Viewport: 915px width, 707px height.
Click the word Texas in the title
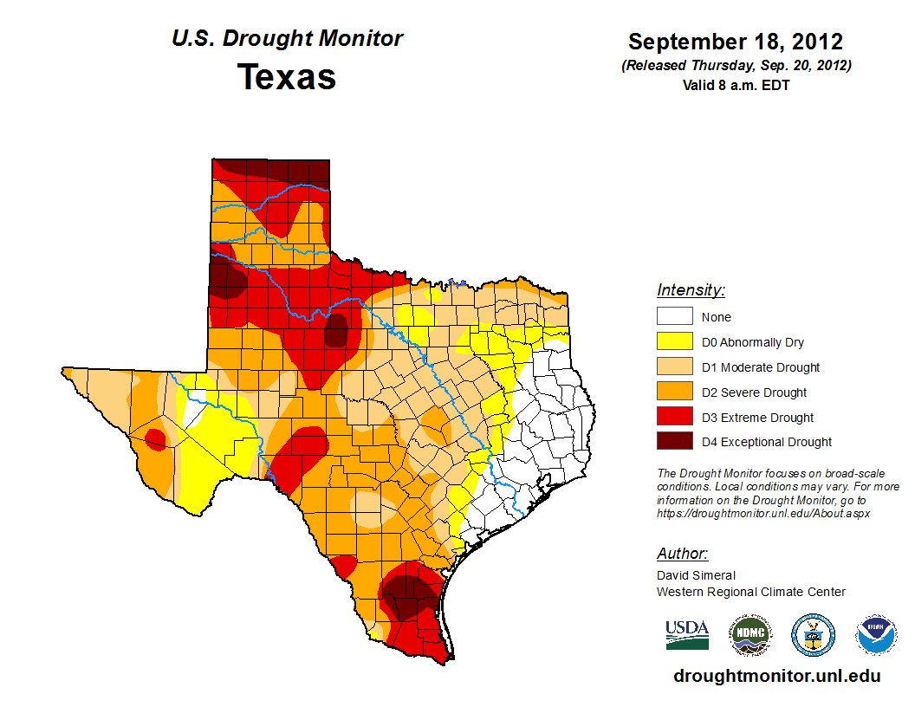287,77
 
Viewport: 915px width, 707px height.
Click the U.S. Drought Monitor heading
287,39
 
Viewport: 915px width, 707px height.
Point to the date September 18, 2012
736,42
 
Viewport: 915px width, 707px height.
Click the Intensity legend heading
691,290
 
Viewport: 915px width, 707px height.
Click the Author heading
682,554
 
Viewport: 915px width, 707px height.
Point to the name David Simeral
696,575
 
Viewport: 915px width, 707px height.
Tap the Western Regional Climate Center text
750,592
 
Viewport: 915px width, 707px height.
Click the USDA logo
687,634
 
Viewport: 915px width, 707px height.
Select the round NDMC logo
750,635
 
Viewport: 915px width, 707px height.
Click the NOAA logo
877,635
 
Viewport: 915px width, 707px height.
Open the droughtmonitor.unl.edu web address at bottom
777,677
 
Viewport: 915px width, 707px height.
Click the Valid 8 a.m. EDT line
736,85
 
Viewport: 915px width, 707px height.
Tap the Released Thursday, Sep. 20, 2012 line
736,66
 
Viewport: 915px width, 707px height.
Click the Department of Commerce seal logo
813,635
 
